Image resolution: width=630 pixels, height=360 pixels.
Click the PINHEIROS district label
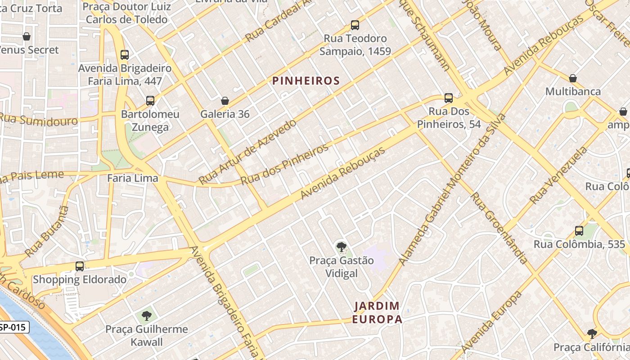(x=306, y=81)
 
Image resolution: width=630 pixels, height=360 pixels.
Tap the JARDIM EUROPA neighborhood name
(x=377, y=313)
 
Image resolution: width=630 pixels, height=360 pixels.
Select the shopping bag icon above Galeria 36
(x=225, y=101)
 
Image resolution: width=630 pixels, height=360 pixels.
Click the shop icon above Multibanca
(x=573, y=78)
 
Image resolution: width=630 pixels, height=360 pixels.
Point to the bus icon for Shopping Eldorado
(x=80, y=266)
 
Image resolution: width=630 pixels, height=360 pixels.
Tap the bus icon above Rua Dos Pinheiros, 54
(x=448, y=98)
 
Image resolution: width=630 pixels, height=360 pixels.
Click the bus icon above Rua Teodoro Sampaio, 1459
(x=355, y=25)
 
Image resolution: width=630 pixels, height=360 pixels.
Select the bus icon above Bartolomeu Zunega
(x=150, y=100)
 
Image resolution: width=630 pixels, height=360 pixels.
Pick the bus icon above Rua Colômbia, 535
(x=579, y=231)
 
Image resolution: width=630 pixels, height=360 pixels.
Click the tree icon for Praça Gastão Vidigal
(x=341, y=247)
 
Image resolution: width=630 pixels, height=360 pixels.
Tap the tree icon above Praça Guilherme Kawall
(x=146, y=315)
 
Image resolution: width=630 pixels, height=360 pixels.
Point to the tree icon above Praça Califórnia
(x=592, y=334)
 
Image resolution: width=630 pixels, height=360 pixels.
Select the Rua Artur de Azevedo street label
(x=248, y=151)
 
